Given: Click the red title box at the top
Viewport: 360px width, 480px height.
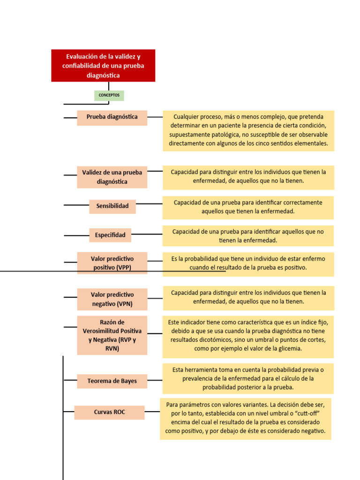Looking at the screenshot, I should click(x=103, y=66).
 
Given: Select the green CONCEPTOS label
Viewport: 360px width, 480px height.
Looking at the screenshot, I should click(x=109, y=96).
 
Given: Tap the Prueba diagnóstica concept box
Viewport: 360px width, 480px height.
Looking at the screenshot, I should click(x=112, y=118).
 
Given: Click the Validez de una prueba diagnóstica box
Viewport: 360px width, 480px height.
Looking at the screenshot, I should click(x=112, y=177).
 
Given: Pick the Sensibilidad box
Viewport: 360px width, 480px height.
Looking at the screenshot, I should click(x=112, y=206).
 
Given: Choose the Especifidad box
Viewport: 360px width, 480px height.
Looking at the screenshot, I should click(x=110, y=235).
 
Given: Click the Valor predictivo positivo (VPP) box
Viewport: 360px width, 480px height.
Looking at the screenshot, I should click(x=112, y=263).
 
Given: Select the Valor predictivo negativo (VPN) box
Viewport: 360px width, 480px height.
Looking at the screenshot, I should click(x=112, y=299).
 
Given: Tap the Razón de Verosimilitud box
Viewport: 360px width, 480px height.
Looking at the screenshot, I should click(x=112, y=335).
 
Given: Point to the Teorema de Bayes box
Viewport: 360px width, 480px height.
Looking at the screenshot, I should click(x=112, y=381).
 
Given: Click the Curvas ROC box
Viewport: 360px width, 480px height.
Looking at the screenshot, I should click(x=109, y=412).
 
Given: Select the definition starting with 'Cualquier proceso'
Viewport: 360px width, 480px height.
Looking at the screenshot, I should click(x=248, y=130).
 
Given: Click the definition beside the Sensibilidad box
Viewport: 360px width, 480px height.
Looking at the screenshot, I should click(x=248, y=207).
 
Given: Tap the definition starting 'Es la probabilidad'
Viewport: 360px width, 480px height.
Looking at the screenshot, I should click(x=248, y=263).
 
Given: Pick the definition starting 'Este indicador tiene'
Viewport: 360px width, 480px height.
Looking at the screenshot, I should click(x=248, y=336).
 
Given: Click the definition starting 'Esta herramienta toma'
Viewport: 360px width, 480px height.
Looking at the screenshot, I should click(x=248, y=378).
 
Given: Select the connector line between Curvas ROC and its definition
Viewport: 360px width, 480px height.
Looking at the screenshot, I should click(x=152, y=412).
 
